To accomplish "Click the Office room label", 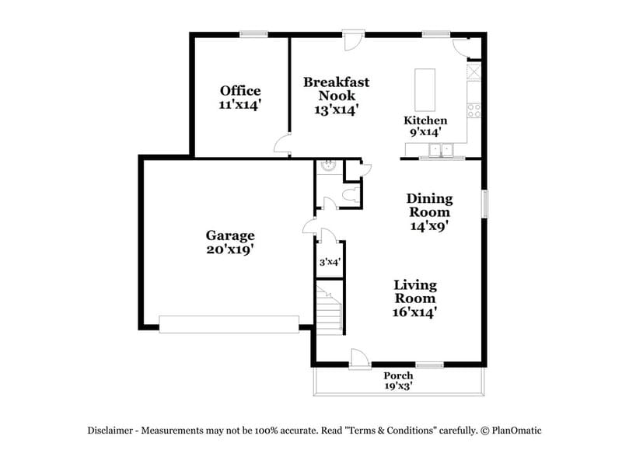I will [239, 96].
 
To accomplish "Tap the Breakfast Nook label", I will [336, 96].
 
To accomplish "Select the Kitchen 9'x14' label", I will [425, 126].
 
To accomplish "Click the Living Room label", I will [414, 298].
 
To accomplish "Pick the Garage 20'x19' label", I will [229, 242].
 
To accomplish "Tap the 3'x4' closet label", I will [330, 263].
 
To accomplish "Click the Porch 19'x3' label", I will [398, 380].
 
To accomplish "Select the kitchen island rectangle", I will [425, 90].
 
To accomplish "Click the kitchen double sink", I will [441, 150].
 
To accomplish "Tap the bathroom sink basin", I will [328, 166].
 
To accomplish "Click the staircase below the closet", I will [329, 309].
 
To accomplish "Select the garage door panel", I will [229, 323].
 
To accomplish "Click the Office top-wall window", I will [253, 33].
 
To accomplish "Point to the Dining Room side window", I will [484, 204].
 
